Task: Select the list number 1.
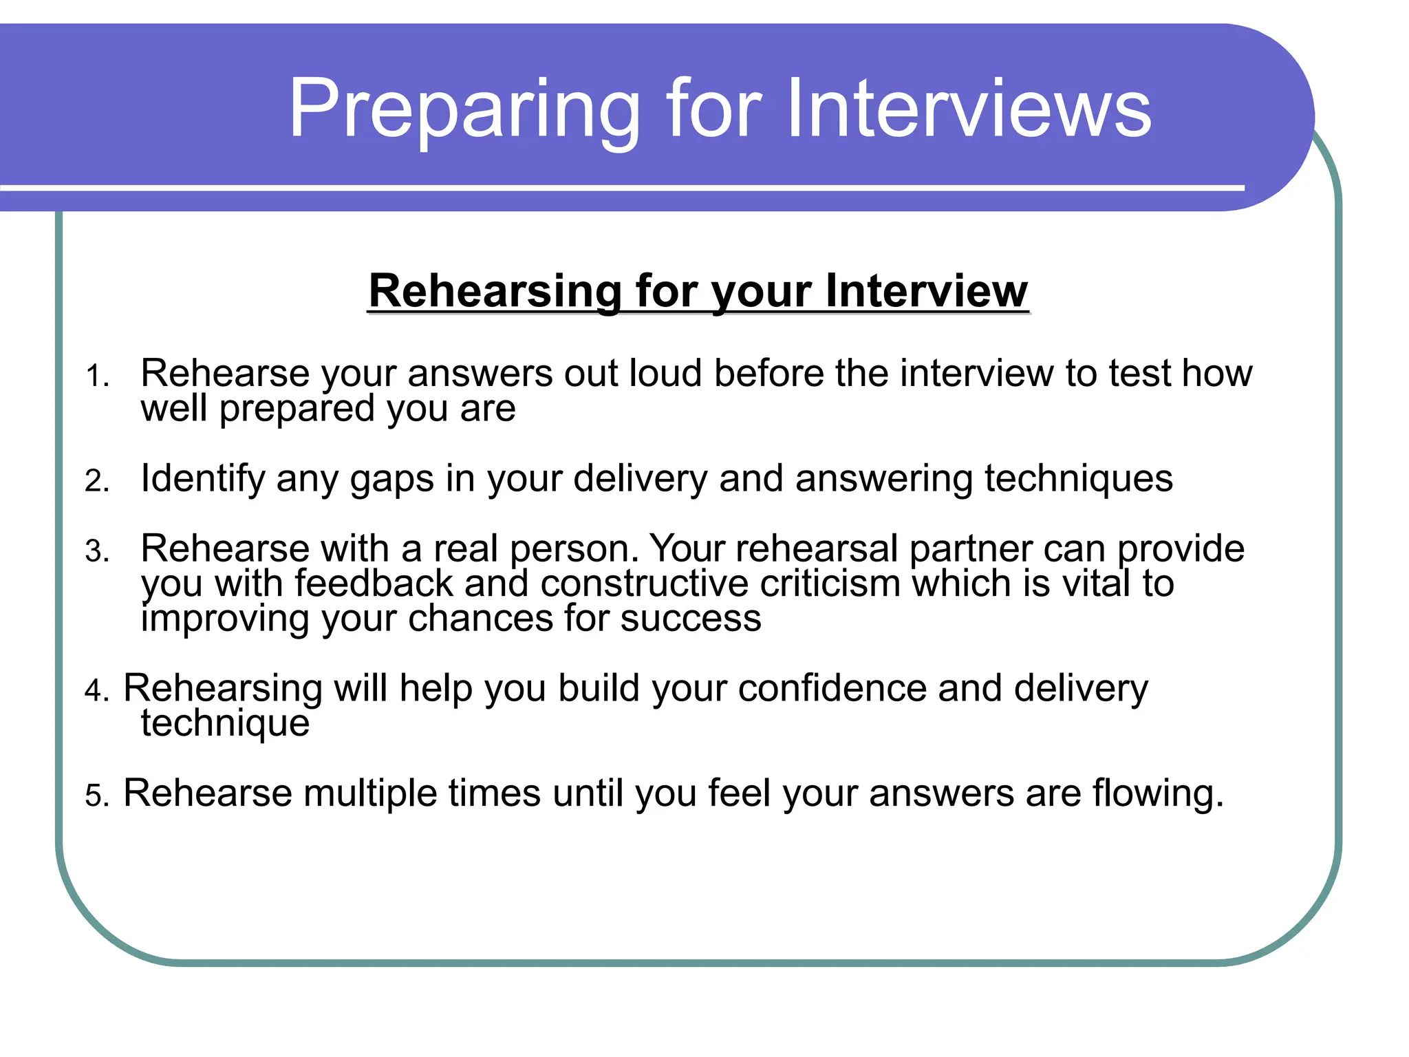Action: click(96, 376)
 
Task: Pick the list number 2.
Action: click(96, 481)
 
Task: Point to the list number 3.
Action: click(96, 551)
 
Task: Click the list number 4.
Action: click(96, 690)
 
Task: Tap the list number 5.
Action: click(96, 796)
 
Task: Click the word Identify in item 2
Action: click(202, 479)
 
